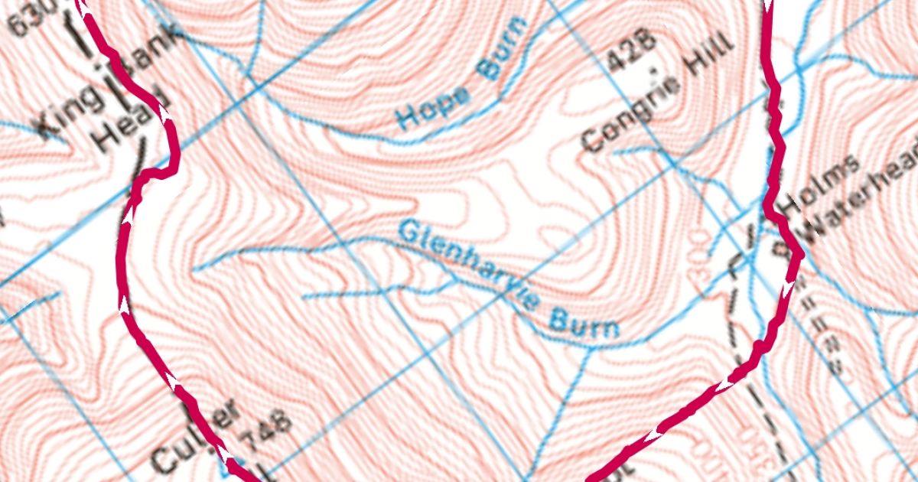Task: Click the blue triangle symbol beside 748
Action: pyautogui.click(x=230, y=464)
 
